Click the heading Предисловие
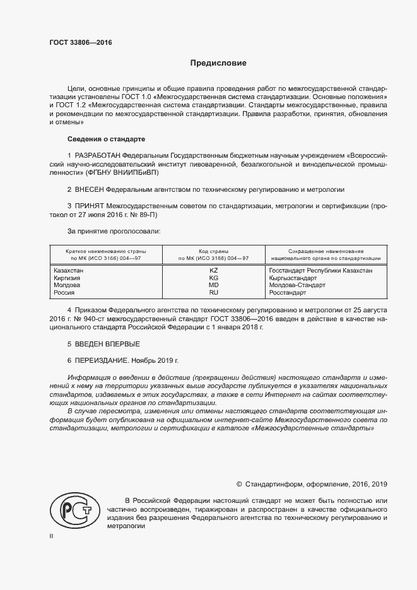click(218, 64)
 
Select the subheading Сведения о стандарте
click(106, 139)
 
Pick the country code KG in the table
click(213, 278)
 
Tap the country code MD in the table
click(213, 286)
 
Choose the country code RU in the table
click(213, 293)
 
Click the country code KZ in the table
click(213, 271)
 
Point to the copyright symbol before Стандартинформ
click(239, 484)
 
